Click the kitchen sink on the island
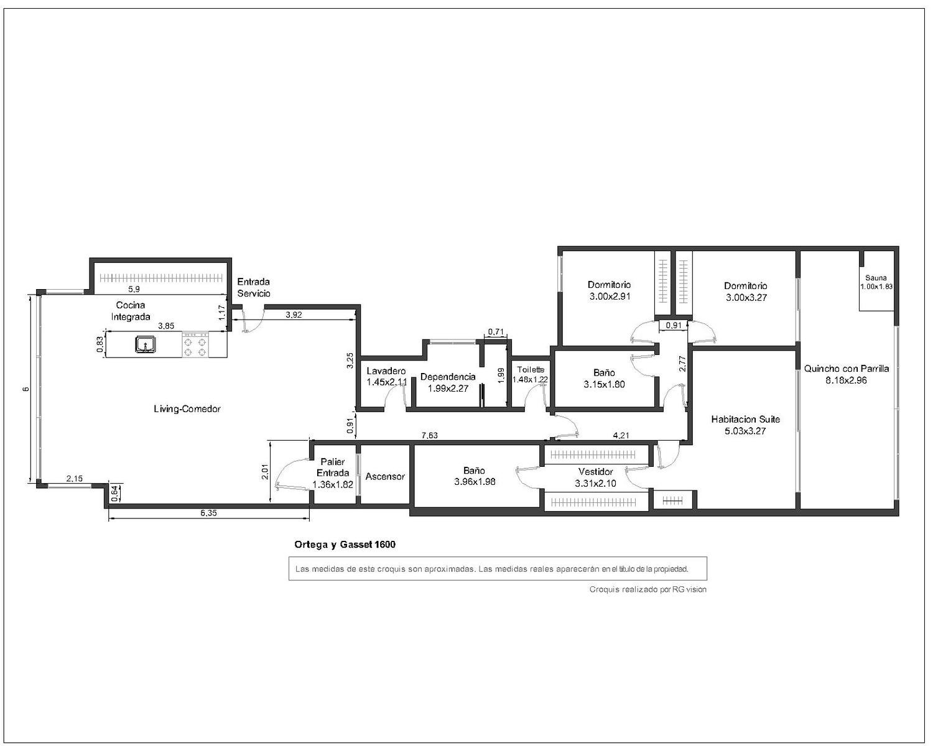[x=146, y=344]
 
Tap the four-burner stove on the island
[x=195, y=344]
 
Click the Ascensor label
[x=385, y=476]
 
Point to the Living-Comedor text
[x=187, y=409]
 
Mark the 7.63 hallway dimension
[x=430, y=436]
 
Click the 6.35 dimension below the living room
[x=208, y=513]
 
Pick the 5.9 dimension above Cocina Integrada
[x=134, y=288]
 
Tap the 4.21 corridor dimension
[x=621, y=436]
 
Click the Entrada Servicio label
[x=254, y=287]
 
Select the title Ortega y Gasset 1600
[x=345, y=545]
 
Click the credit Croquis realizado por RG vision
[x=648, y=589]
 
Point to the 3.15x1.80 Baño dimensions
[x=605, y=384]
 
